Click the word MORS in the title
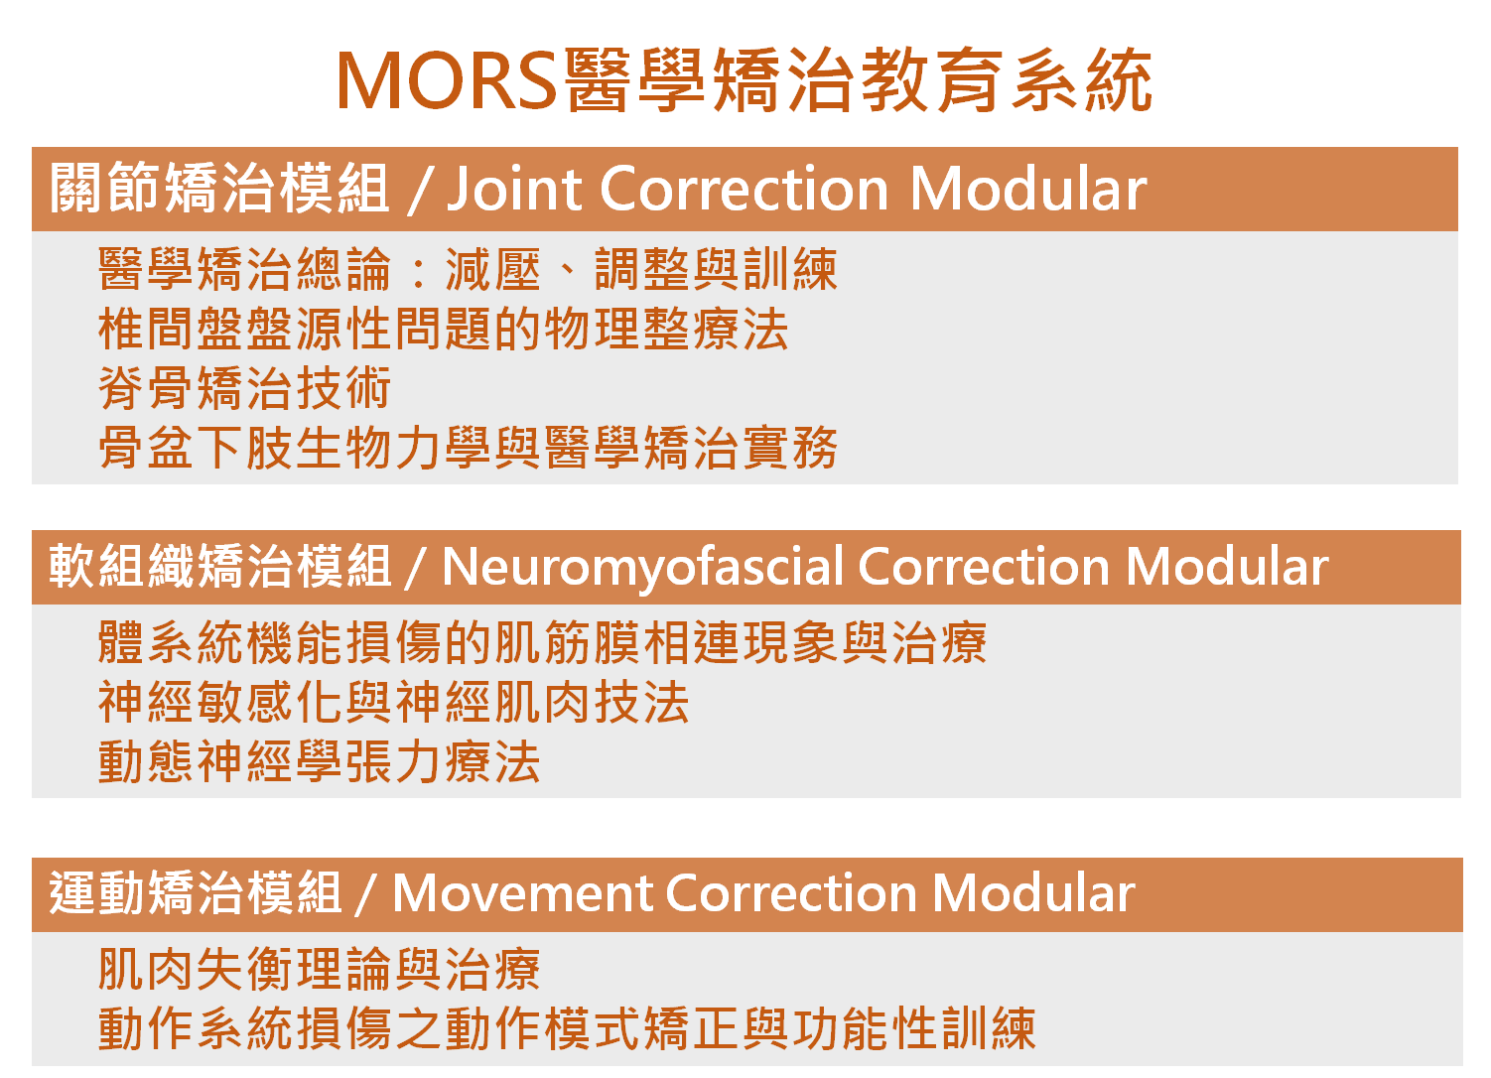click(x=447, y=80)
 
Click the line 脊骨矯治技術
click(x=244, y=388)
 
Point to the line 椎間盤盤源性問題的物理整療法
click(x=444, y=329)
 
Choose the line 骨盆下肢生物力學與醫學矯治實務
click(x=468, y=447)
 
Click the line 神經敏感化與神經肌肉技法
click(x=393, y=703)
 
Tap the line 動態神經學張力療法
click(x=319, y=762)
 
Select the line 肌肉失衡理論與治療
click(x=319, y=970)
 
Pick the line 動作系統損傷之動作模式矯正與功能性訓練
click(x=567, y=1028)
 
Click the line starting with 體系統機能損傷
click(x=542, y=643)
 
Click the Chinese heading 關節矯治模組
click(x=219, y=189)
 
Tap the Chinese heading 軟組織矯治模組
click(x=219, y=566)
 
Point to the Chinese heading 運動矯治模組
click(x=196, y=893)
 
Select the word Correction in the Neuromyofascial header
click(x=984, y=567)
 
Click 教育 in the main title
click(x=932, y=80)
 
